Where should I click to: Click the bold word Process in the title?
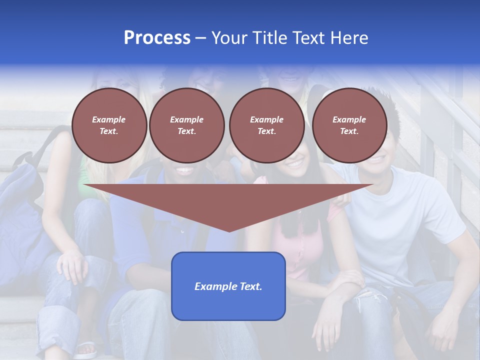coord(157,38)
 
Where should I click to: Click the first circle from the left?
coord(109,125)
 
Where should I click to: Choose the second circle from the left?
coord(186,125)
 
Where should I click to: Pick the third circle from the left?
coord(266,125)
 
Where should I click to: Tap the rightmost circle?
coord(349,125)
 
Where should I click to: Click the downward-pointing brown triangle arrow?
coord(229,202)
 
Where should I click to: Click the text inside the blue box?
coord(228,286)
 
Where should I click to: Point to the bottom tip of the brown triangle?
coord(229,231)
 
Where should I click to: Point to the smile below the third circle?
coord(295,163)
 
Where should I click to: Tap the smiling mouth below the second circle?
coord(185,170)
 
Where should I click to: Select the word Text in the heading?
coord(309,38)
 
